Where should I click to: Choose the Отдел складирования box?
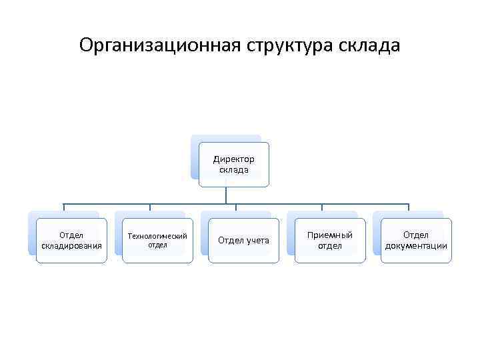(71, 241)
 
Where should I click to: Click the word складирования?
(71, 246)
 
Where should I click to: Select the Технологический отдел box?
(157, 241)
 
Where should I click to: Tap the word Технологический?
(157, 236)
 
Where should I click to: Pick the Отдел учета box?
(243, 241)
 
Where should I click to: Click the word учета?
(257, 241)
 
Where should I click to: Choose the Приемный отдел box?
(330, 241)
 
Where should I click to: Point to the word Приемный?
(330, 235)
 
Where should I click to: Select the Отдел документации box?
(416, 241)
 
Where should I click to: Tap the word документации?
(416, 246)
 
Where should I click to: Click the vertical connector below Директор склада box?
(226, 195)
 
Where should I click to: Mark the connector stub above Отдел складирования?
(64, 207)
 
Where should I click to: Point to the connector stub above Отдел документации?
(408, 207)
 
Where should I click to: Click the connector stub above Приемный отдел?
(322, 207)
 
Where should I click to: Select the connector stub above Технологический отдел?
(150, 207)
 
